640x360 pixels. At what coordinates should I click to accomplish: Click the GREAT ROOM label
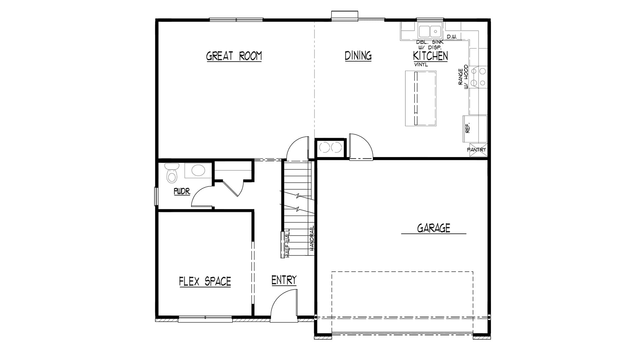pyautogui.click(x=234, y=56)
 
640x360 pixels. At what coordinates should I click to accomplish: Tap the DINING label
pyautogui.click(x=358, y=56)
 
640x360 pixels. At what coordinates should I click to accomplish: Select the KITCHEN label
pyautogui.click(x=430, y=56)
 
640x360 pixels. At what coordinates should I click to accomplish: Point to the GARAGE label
pyautogui.click(x=434, y=228)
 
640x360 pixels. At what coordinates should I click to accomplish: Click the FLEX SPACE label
pyautogui.click(x=205, y=282)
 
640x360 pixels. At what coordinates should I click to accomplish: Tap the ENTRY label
pyautogui.click(x=284, y=280)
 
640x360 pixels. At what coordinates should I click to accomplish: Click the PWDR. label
pyautogui.click(x=182, y=192)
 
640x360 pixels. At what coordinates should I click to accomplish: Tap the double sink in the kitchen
pyautogui.click(x=430, y=31)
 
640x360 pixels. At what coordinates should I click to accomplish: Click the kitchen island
pyautogui.click(x=421, y=98)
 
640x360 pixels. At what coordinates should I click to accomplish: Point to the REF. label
pyautogui.click(x=467, y=128)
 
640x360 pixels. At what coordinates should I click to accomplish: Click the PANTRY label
pyautogui.click(x=477, y=150)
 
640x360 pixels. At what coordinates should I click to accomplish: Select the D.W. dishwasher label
pyautogui.click(x=452, y=37)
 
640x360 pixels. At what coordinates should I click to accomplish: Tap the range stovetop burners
pyautogui.click(x=478, y=77)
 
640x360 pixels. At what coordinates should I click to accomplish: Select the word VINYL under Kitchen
pyautogui.click(x=421, y=65)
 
